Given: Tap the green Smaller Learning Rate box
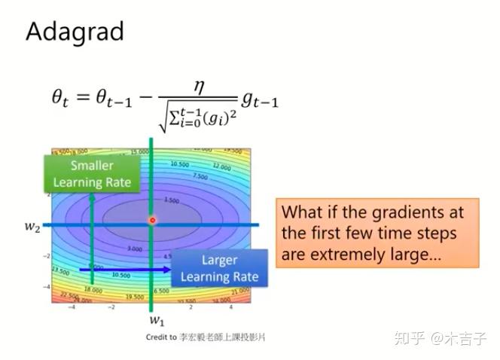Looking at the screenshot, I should tap(92, 173).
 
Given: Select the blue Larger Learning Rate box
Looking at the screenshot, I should tap(219, 268).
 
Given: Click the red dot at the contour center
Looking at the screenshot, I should tap(152, 221).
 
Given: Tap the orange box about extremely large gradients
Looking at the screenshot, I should tap(379, 233).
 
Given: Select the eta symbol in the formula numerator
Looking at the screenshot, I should tap(200, 87).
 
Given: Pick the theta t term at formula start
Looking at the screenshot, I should tap(62, 98).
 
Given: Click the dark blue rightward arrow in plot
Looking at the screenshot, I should tap(124, 268).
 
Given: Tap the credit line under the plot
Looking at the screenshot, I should tap(206, 337).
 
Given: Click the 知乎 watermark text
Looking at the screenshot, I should tap(408, 337).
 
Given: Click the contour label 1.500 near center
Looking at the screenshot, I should tap(171, 201).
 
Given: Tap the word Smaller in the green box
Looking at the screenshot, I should tap(92, 165).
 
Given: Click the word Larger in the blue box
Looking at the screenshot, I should tap(219, 260).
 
